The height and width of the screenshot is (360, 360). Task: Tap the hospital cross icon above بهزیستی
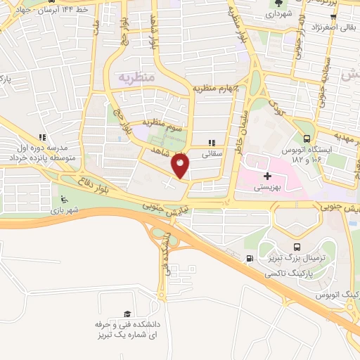[x=266, y=176]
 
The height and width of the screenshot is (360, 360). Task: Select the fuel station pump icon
[x=250, y=259]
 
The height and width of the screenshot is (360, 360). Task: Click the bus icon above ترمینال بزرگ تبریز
[x=297, y=247]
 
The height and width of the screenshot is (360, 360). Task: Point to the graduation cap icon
[x=127, y=314]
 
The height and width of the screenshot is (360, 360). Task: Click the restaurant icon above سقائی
[x=212, y=142]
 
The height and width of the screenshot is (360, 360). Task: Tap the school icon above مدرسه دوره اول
[x=42, y=138]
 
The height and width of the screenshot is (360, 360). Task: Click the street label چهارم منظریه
[x=217, y=88]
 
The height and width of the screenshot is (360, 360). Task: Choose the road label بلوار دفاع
[x=105, y=183]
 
